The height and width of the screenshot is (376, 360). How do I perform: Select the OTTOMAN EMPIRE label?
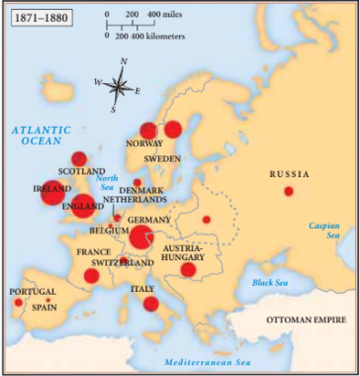pyautogui.click(x=306, y=321)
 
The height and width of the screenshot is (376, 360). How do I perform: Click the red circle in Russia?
pyautogui.click(x=289, y=191)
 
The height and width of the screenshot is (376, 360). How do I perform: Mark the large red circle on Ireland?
pyautogui.click(x=52, y=192)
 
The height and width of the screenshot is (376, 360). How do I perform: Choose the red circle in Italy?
pyautogui.click(x=151, y=303)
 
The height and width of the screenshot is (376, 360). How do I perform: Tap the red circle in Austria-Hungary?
pyautogui.click(x=188, y=268)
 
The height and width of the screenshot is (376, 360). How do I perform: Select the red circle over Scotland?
pyautogui.click(x=79, y=158)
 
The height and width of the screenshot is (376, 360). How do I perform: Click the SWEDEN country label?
pyautogui.click(x=161, y=158)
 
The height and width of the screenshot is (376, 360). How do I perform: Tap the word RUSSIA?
pyautogui.click(x=289, y=174)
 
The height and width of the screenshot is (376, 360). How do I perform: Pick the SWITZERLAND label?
pyautogui.click(x=122, y=264)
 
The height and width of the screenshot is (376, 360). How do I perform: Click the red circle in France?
pyautogui.click(x=92, y=275)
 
